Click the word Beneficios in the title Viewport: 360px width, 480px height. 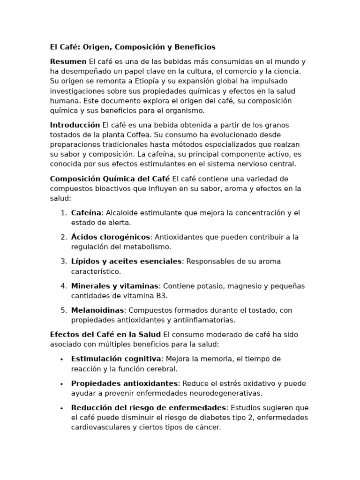pyautogui.click(x=195, y=47)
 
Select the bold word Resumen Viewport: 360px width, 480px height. pyautogui.click(x=68, y=61)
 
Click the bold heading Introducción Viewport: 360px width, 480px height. pyautogui.click(x=75, y=125)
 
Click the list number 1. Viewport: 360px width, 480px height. pyautogui.click(x=63, y=213)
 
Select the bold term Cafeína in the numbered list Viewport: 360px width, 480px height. pyautogui.click(x=86, y=213)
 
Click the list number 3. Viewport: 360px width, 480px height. pyautogui.click(x=63, y=262)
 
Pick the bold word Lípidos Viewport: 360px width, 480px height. pyautogui.click(x=85, y=262)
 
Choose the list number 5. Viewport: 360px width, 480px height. pyautogui.click(x=63, y=310)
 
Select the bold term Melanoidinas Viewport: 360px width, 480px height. pyautogui.click(x=97, y=310)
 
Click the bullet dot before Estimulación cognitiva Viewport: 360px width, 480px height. pyautogui.click(x=62, y=360)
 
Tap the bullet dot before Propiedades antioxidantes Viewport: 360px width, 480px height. pyautogui.click(x=62, y=384)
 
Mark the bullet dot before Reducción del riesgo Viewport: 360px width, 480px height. pyautogui.click(x=62, y=408)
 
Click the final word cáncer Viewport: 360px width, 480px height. pyautogui.click(x=207, y=427)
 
